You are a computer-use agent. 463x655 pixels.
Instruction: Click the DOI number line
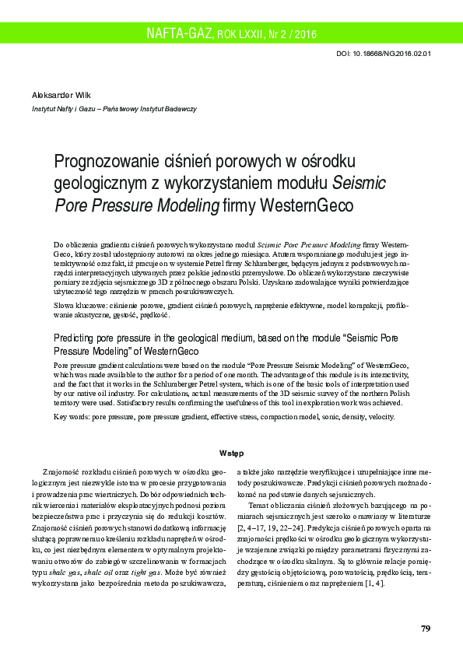(x=384, y=54)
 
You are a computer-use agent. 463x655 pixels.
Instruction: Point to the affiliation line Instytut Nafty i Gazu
(x=114, y=110)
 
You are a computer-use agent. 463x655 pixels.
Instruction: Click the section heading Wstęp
(x=231, y=453)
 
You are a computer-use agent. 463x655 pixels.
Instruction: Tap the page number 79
(x=425, y=628)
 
